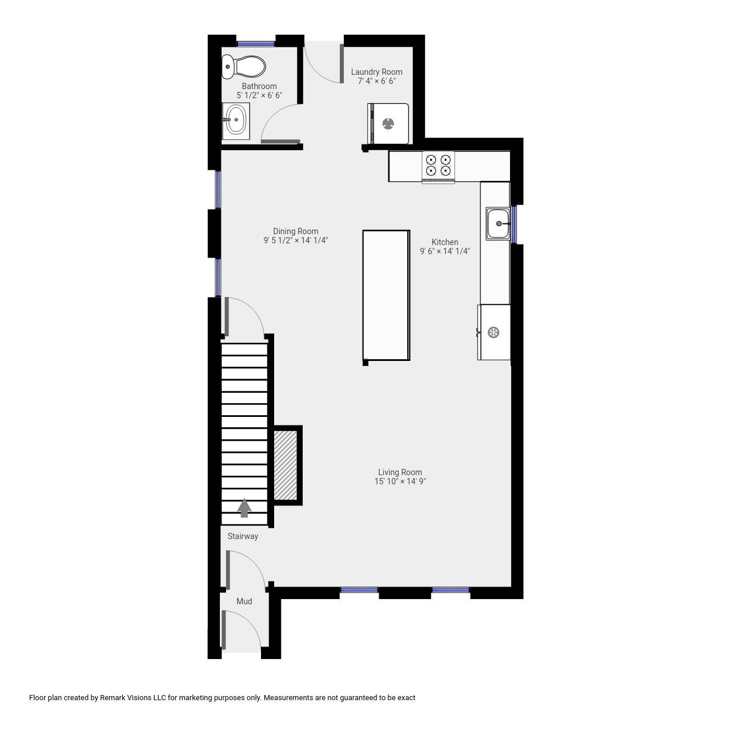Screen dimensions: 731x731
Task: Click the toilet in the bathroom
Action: click(244, 67)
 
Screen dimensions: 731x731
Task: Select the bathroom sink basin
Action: click(235, 120)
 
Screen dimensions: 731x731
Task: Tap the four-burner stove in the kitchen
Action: click(438, 166)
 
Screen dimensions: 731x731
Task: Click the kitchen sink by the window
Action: click(497, 223)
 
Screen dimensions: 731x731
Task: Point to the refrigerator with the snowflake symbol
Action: click(494, 332)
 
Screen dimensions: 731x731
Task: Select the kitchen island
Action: click(386, 295)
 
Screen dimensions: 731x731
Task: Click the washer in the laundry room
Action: click(389, 123)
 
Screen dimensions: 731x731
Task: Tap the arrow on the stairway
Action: click(244, 508)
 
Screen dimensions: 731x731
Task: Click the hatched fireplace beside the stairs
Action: click(286, 465)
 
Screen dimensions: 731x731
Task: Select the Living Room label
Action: click(400, 472)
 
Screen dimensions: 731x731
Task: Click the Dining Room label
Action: click(295, 231)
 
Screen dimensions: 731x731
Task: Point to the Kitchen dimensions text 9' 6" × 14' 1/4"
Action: click(445, 251)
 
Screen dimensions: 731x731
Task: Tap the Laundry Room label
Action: click(376, 72)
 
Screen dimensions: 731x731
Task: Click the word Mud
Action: click(244, 601)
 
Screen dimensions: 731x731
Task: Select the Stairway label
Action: click(243, 536)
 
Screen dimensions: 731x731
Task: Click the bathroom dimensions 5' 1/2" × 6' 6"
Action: click(259, 95)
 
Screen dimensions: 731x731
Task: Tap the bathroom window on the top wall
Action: click(256, 43)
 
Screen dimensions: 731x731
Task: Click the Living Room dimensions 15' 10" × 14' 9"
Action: click(400, 481)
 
